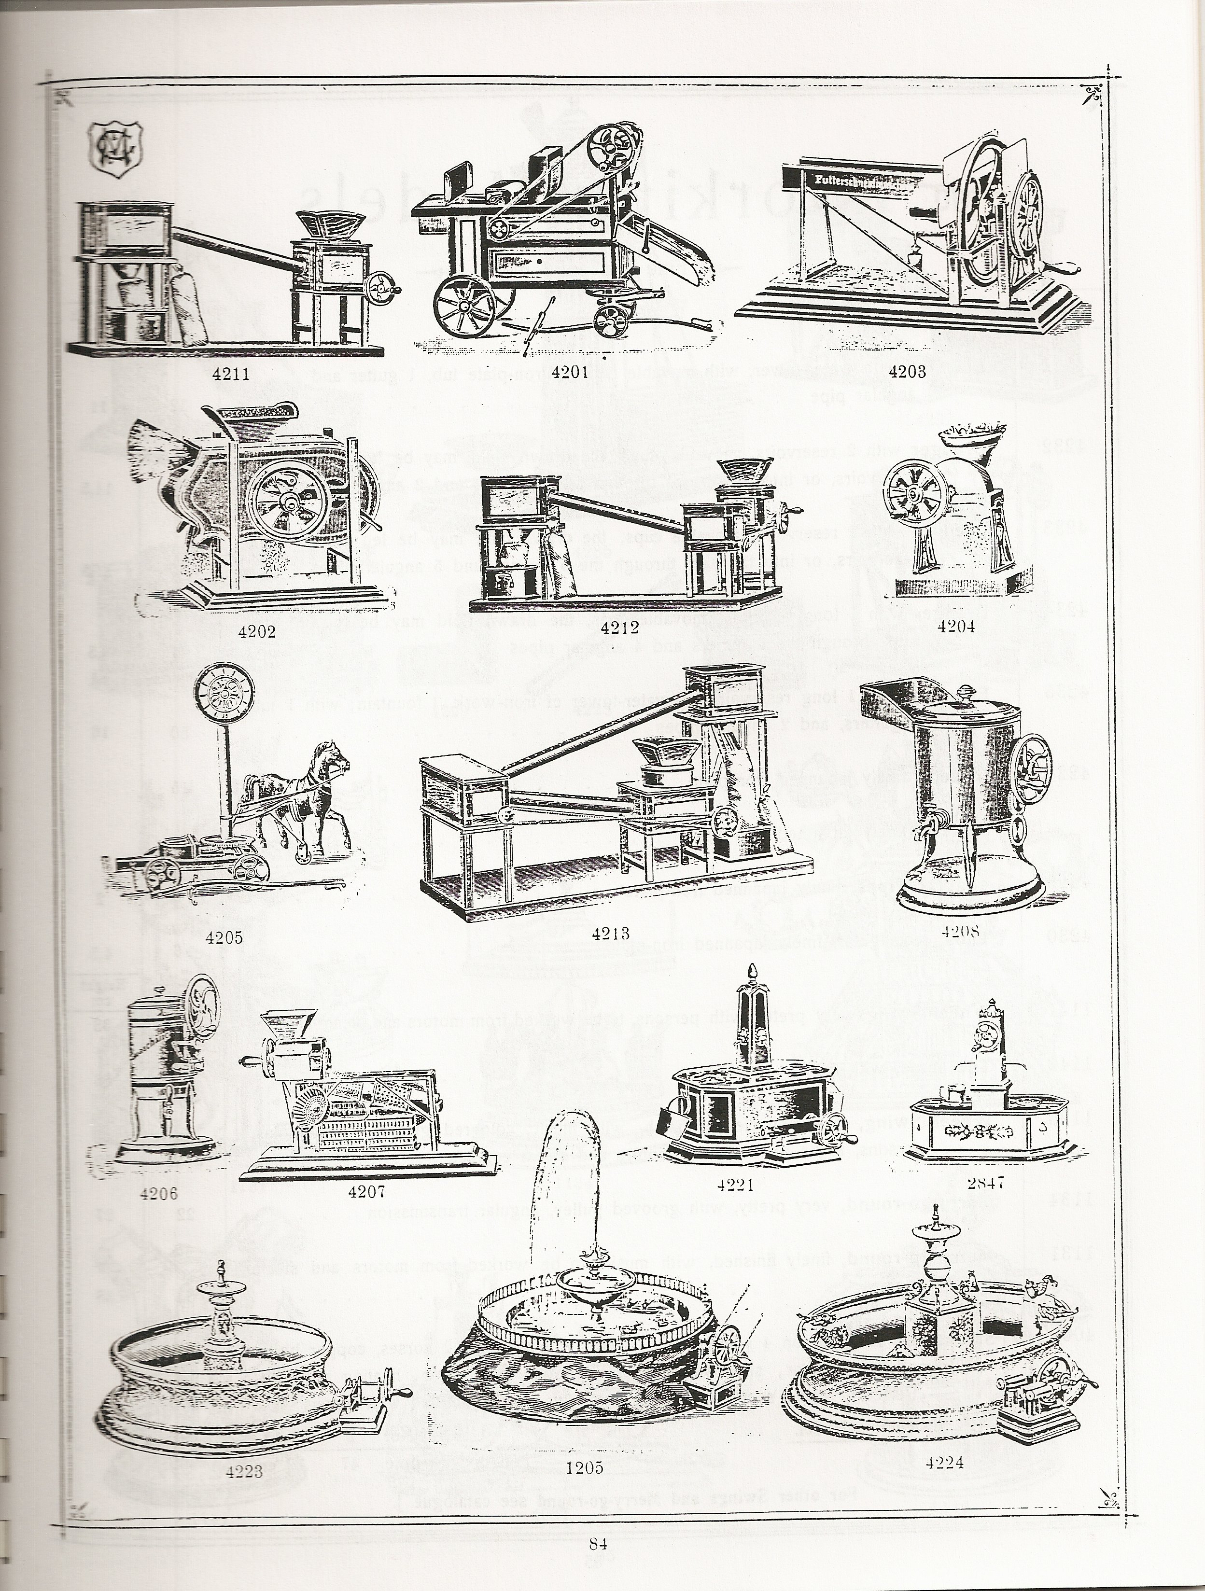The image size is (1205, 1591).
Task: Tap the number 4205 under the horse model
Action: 224,937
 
